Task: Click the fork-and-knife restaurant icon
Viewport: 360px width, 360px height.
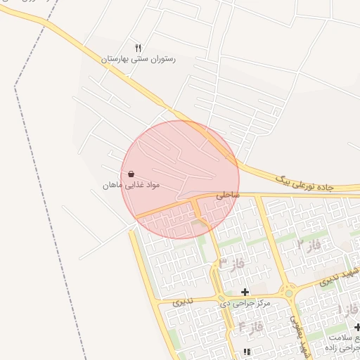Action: tap(139, 48)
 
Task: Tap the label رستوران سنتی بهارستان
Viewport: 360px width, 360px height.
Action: tap(139, 60)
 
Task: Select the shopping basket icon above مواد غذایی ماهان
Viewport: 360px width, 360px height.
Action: tap(131, 174)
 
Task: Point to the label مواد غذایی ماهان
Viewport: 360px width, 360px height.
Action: tap(131, 185)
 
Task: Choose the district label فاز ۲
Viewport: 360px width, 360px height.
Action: tap(308, 245)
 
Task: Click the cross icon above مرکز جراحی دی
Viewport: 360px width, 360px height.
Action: tap(245, 292)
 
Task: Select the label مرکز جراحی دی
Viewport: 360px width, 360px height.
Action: tap(245, 303)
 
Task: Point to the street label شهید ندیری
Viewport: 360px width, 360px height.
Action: tap(339, 277)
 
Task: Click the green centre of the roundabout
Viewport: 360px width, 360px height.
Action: tap(288, 292)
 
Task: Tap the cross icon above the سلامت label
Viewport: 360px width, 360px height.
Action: tap(357, 327)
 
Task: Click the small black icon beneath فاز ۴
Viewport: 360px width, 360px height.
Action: tap(245, 352)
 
